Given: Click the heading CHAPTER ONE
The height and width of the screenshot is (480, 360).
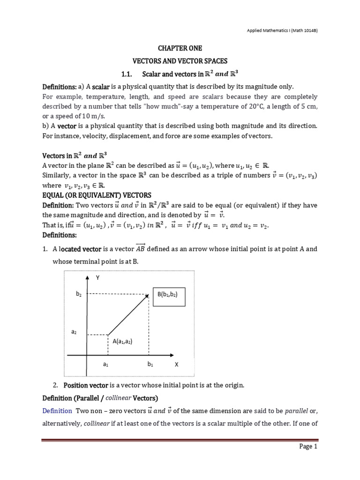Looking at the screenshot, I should coord(180,48).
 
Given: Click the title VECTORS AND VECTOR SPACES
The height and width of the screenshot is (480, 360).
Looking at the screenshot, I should coord(180,61).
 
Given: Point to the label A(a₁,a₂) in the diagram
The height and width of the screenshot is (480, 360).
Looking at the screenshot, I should coord(122,341).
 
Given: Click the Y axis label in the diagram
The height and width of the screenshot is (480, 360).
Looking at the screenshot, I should coord(98,277).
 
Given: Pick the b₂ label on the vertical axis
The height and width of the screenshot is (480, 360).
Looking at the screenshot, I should coord(79,294).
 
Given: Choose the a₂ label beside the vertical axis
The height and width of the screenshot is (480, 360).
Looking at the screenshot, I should coord(74,332).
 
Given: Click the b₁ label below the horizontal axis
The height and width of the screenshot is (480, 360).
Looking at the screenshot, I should coord(150,364).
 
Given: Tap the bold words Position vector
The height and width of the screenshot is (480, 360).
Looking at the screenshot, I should coord(86,385).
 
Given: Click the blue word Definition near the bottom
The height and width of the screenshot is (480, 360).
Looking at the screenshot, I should coord(56,411).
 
